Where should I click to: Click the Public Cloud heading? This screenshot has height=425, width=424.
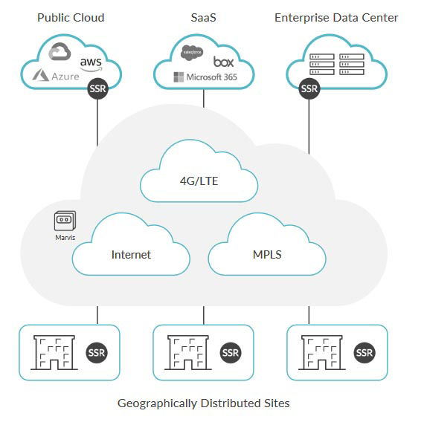click(71, 17)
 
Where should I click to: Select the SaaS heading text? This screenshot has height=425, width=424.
click(203, 17)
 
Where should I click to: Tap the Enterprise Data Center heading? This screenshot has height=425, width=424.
click(336, 17)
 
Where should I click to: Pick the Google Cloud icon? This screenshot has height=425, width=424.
click(59, 52)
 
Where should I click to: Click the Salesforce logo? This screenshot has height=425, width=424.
click(193, 52)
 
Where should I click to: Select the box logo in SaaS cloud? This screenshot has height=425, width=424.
click(223, 61)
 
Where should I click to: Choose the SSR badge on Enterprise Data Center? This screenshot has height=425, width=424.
click(309, 88)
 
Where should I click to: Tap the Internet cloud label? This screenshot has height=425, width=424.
click(131, 254)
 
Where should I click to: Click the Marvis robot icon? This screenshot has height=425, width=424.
click(65, 221)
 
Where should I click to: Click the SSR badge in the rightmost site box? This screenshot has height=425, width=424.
click(364, 352)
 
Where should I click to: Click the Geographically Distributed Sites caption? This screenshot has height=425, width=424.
click(203, 403)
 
